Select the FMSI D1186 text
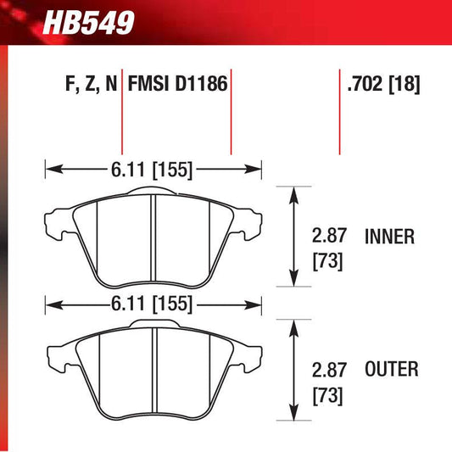(179, 84)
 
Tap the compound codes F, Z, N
(88, 84)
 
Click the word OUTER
(390, 368)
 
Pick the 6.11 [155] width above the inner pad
(153, 170)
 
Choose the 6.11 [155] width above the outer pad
(153, 303)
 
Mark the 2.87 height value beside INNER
(328, 237)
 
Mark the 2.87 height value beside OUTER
(328, 368)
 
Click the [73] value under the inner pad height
(328, 262)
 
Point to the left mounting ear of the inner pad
(56, 221)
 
